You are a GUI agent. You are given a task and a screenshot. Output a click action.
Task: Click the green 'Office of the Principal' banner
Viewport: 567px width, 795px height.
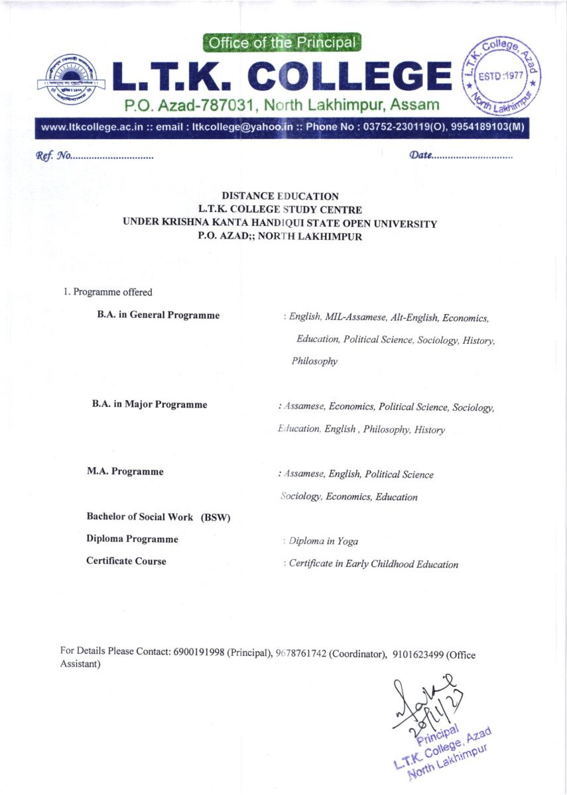pyautogui.click(x=282, y=43)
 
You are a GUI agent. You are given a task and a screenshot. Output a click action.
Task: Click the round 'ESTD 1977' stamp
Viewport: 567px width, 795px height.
pyautogui.click(x=501, y=76)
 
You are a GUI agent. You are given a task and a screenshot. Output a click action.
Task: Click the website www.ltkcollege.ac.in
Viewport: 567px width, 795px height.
pyautogui.click(x=93, y=129)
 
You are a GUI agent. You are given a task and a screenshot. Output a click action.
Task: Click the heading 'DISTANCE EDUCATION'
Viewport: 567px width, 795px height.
pyautogui.click(x=280, y=196)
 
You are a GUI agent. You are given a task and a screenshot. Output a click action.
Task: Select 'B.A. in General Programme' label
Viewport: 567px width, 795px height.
pyautogui.click(x=158, y=315)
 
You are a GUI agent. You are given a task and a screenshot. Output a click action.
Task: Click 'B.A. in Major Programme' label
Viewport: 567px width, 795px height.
pyautogui.click(x=149, y=404)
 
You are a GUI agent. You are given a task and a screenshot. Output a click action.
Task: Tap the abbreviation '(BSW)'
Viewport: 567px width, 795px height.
pyautogui.click(x=215, y=517)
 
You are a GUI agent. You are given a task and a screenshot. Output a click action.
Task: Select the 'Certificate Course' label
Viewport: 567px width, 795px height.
pyautogui.click(x=126, y=561)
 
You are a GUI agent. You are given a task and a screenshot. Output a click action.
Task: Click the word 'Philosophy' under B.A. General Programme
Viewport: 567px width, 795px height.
pyautogui.click(x=314, y=362)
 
